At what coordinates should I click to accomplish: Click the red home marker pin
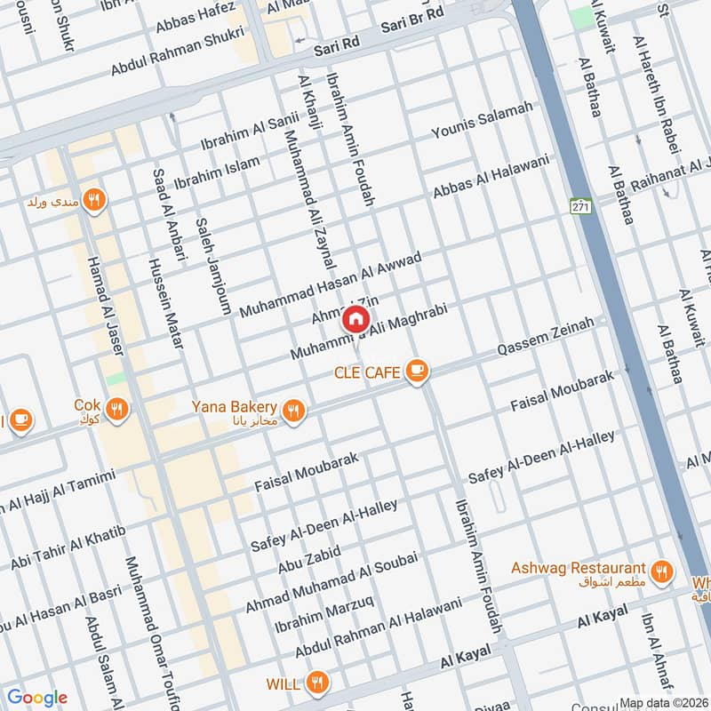coord(355,318)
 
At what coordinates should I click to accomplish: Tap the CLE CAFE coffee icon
coord(415,371)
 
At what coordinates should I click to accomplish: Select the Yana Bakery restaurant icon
coord(295,409)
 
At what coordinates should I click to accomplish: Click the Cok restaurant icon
coord(116,409)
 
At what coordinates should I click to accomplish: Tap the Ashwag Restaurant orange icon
coord(660,571)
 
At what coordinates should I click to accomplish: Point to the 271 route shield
coord(581,206)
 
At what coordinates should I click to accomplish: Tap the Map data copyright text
coord(663,703)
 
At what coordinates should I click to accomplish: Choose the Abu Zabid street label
coord(308,540)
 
